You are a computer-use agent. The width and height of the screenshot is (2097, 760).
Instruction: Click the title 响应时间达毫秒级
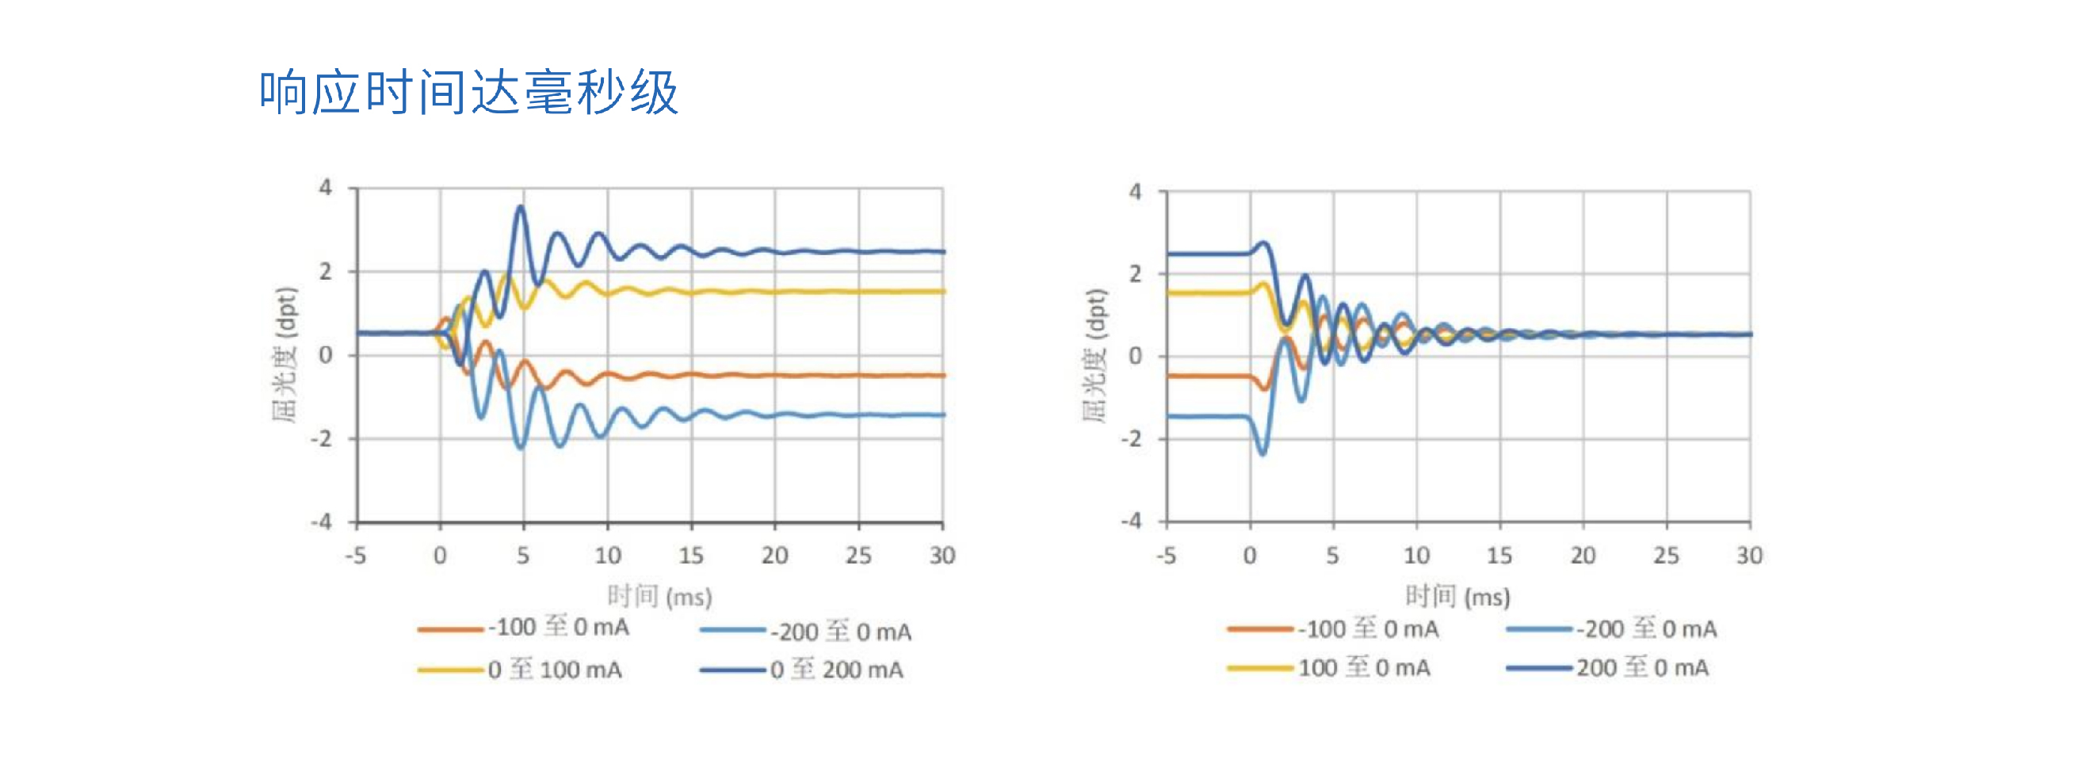click(468, 92)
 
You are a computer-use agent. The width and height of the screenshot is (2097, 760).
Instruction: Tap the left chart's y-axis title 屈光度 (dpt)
click(286, 354)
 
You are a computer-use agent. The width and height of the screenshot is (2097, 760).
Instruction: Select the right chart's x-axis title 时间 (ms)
click(1457, 597)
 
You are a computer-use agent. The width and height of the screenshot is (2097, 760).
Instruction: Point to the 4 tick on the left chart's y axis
click(326, 188)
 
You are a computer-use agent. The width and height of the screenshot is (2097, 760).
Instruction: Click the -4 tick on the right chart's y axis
click(1132, 521)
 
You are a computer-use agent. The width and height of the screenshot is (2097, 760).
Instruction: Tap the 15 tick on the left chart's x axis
click(691, 556)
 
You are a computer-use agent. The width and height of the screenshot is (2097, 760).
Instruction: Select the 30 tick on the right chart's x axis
click(1749, 556)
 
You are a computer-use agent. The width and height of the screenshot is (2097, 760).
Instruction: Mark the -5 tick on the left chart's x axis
click(356, 556)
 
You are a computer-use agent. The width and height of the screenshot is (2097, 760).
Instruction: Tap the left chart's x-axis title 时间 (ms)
click(659, 597)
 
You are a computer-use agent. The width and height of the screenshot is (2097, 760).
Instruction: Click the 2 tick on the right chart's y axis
click(1136, 274)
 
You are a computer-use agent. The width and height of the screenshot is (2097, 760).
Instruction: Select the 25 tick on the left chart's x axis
click(858, 556)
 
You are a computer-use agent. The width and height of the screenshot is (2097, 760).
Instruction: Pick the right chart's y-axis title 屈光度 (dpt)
click(1096, 356)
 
